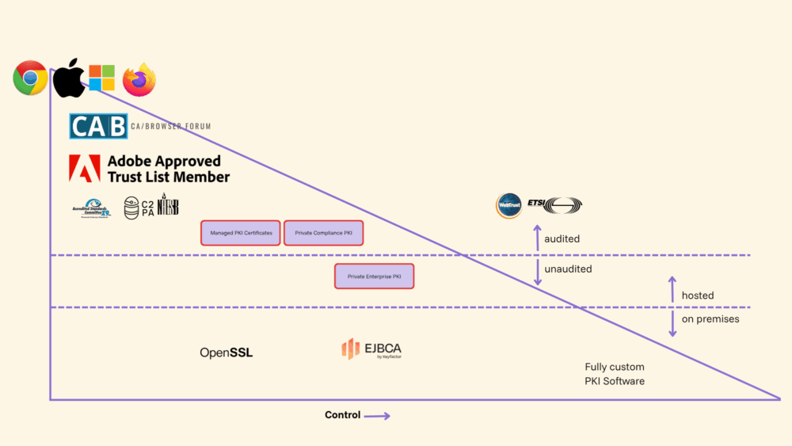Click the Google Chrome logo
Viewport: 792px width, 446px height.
pyautogui.click(x=30, y=78)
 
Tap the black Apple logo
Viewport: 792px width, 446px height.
pyautogui.click(x=69, y=78)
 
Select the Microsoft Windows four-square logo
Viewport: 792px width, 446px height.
pyautogui.click(x=101, y=78)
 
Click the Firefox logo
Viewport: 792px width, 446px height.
pyautogui.click(x=139, y=79)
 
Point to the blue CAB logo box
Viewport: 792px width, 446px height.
pyautogui.click(x=98, y=126)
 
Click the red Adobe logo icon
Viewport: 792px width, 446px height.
pyautogui.click(x=85, y=169)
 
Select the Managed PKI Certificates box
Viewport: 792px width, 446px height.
pyautogui.click(x=241, y=233)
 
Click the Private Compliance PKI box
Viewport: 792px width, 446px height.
pyautogui.click(x=323, y=233)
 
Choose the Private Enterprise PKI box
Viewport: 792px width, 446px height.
pyautogui.click(x=375, y=276)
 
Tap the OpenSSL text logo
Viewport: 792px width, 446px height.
pyautogui.click(x=227, y=353)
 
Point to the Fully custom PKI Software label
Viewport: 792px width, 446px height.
pyautogui.click(x=615, y=374)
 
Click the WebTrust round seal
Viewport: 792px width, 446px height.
pyautogui.click(x=509, y=206)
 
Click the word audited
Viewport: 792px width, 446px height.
pyautogui.click(x=562, y=238)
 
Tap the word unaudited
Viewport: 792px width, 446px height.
pyautogui.click(x=568, y=269)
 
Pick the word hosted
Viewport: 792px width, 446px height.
pyautogui.click(x=698, y=295)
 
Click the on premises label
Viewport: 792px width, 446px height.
pyautogui.click(x=710, y=319)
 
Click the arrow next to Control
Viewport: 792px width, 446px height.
pyautogui.click(x=378, y=416)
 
